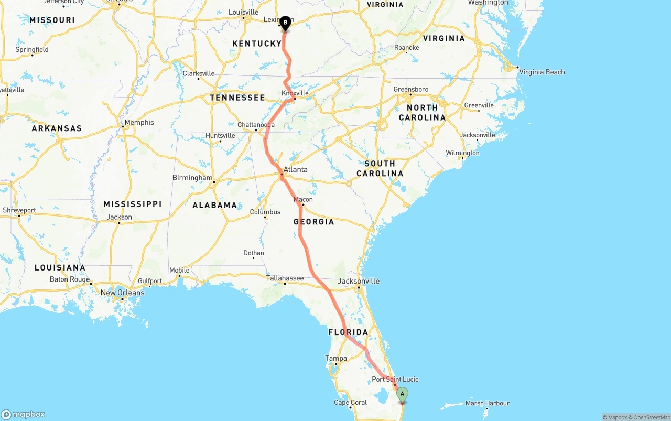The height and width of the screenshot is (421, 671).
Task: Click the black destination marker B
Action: pyautogui.click(x=285, y=23)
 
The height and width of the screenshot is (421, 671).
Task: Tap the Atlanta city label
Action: pyautogui.click(x=296, y=169)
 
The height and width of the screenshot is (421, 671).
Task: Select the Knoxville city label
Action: pyautogui.click(x=295, y=93)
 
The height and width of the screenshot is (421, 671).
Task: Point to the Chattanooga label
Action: pyautogui.click(x=256, y=125)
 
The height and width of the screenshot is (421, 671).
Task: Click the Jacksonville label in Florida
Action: pyautogui.click(x=359, y=281)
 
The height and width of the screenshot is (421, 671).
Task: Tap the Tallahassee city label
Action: pyautogui.click(x=285, y=278)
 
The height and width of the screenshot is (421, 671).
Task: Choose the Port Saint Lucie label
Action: pyautogui.click(x=395, y=379)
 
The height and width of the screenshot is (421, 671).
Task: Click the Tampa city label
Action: pyautogui.click(x=336, y=359)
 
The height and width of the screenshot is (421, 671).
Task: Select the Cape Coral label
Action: pyautogui.click(x=350, y=403)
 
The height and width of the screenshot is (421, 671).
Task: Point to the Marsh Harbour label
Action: pyautogui.click(x=487, y=403)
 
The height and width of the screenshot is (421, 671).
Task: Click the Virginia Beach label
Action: pyautogui.click(x=542, y=72)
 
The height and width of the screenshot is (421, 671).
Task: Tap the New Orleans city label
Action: pyautogui.click(x=122, y=293)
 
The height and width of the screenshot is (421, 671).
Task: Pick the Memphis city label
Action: pyautogui.click(x=139, y=122)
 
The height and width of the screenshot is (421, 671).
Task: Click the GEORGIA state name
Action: pyautogui.click(x=314, y=222)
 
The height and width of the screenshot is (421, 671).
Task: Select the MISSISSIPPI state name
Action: pyautogui.click(x=133, y=204)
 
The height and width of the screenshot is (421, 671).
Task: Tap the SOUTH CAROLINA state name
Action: pyautogui.click(x=380, y=168)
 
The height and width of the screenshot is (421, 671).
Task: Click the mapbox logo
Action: pyautogui.click(x=23, y=414)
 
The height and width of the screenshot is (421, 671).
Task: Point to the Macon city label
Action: pyautogui.click(x=303, y=199)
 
